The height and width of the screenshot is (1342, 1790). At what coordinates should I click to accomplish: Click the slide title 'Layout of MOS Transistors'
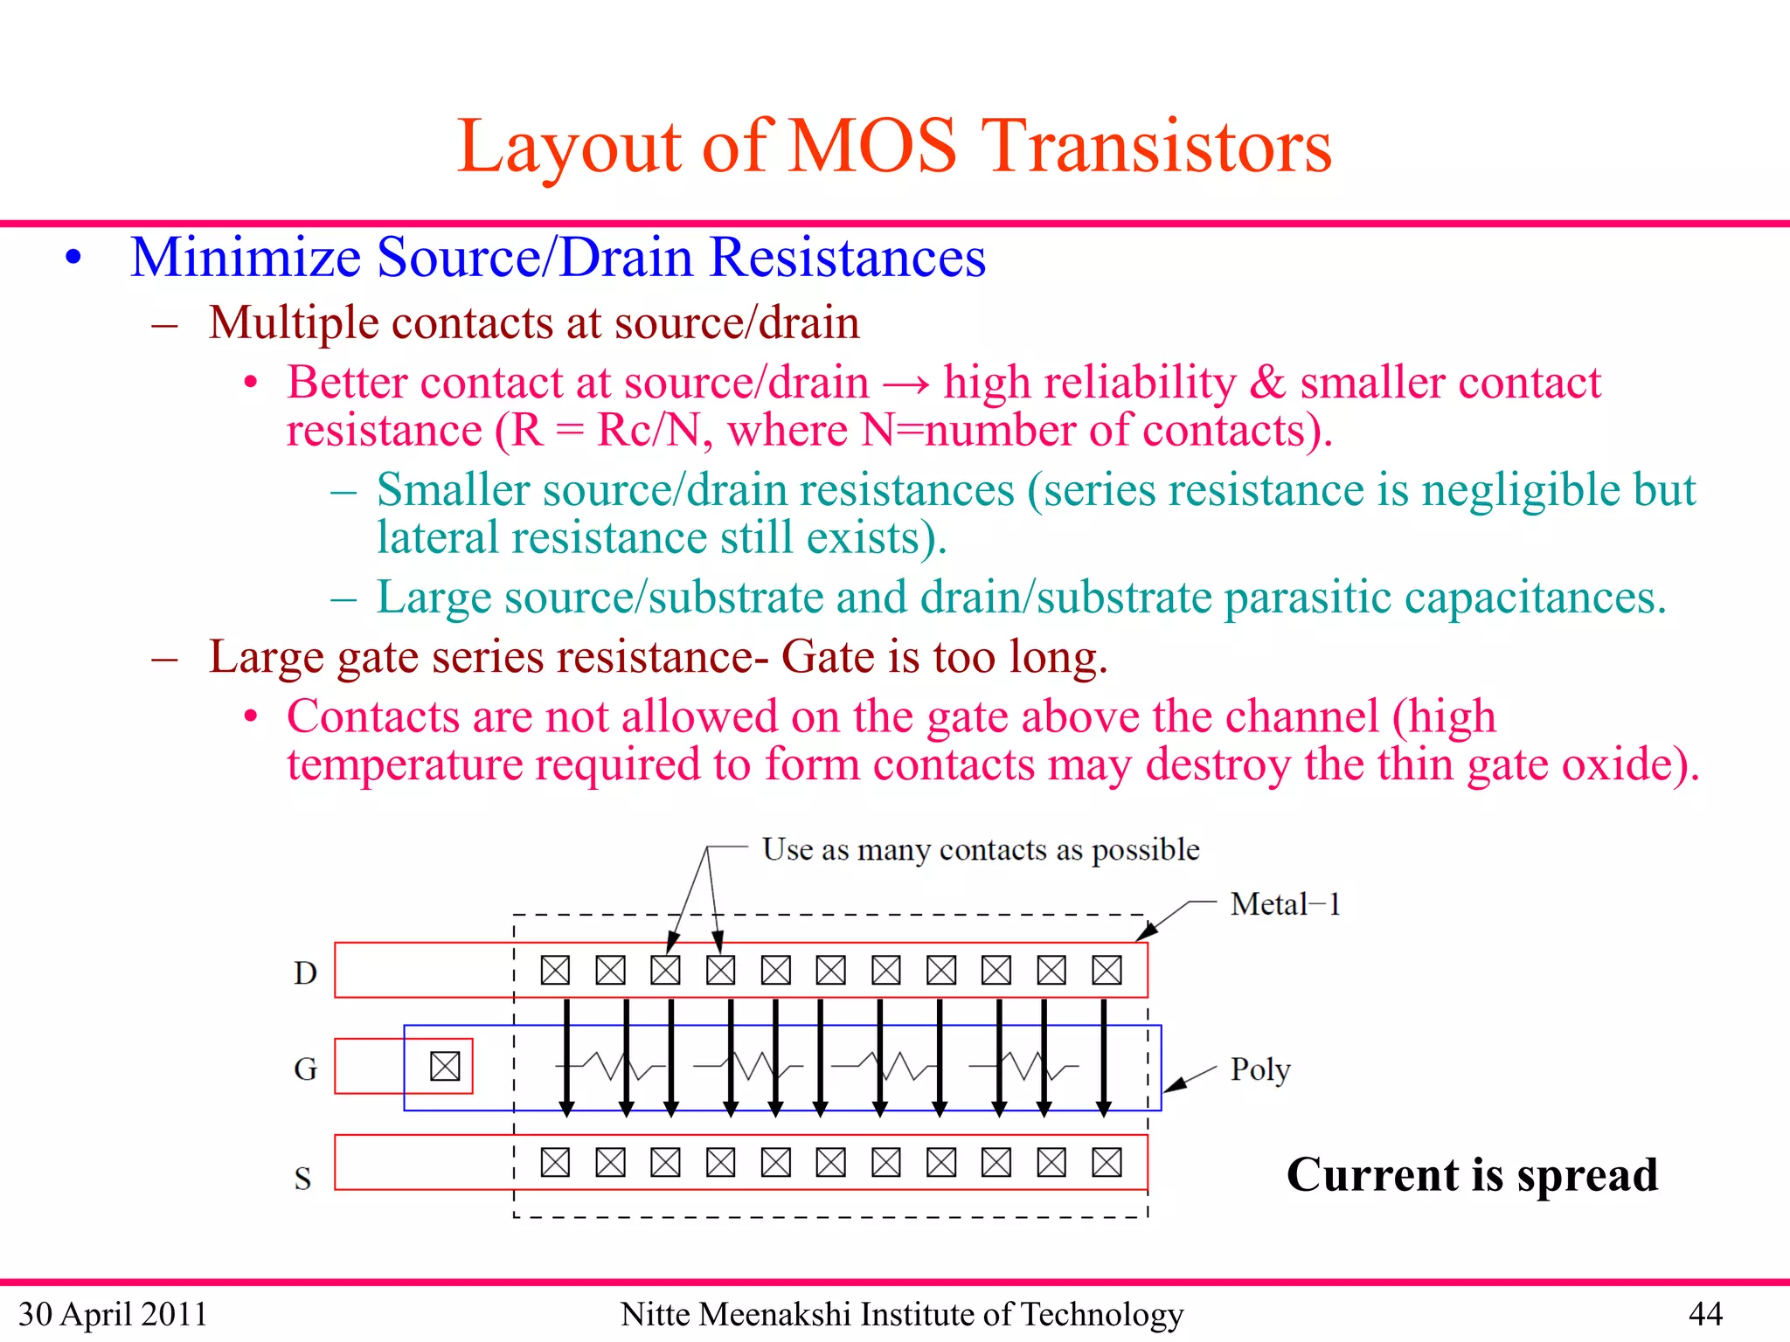[894, 147]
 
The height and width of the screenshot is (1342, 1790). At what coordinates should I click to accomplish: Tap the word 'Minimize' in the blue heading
[246, 258]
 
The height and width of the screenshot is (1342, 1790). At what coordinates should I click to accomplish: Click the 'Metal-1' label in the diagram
[1284, 904]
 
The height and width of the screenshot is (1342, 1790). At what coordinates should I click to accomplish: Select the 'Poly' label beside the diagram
[1259, 1069]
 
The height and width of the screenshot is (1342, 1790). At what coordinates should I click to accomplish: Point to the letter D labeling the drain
[305, 973]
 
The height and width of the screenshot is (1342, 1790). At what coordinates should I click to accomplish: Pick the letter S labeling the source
[302, 1179]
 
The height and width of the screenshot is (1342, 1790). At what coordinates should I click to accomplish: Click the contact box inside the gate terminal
[445, 1066]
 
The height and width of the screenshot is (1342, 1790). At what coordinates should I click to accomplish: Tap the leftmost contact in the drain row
[555, 970]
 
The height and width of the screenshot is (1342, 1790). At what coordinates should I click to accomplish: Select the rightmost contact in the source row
[1107, 1162]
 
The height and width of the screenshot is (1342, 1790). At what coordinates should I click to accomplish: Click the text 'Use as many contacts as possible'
[980, 849]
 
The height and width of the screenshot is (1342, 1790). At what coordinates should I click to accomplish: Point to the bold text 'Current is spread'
[1472, 1174]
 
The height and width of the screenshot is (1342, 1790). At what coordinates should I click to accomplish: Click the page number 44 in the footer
[1705, 1314]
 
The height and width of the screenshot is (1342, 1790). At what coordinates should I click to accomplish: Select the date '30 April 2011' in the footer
[113, 1314]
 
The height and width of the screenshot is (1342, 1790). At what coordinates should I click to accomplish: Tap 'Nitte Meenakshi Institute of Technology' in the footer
[901, 1314]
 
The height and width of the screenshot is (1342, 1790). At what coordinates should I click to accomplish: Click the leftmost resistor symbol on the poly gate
[612, 1066]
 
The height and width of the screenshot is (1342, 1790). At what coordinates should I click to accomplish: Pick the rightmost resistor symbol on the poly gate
[1024, 1066]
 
